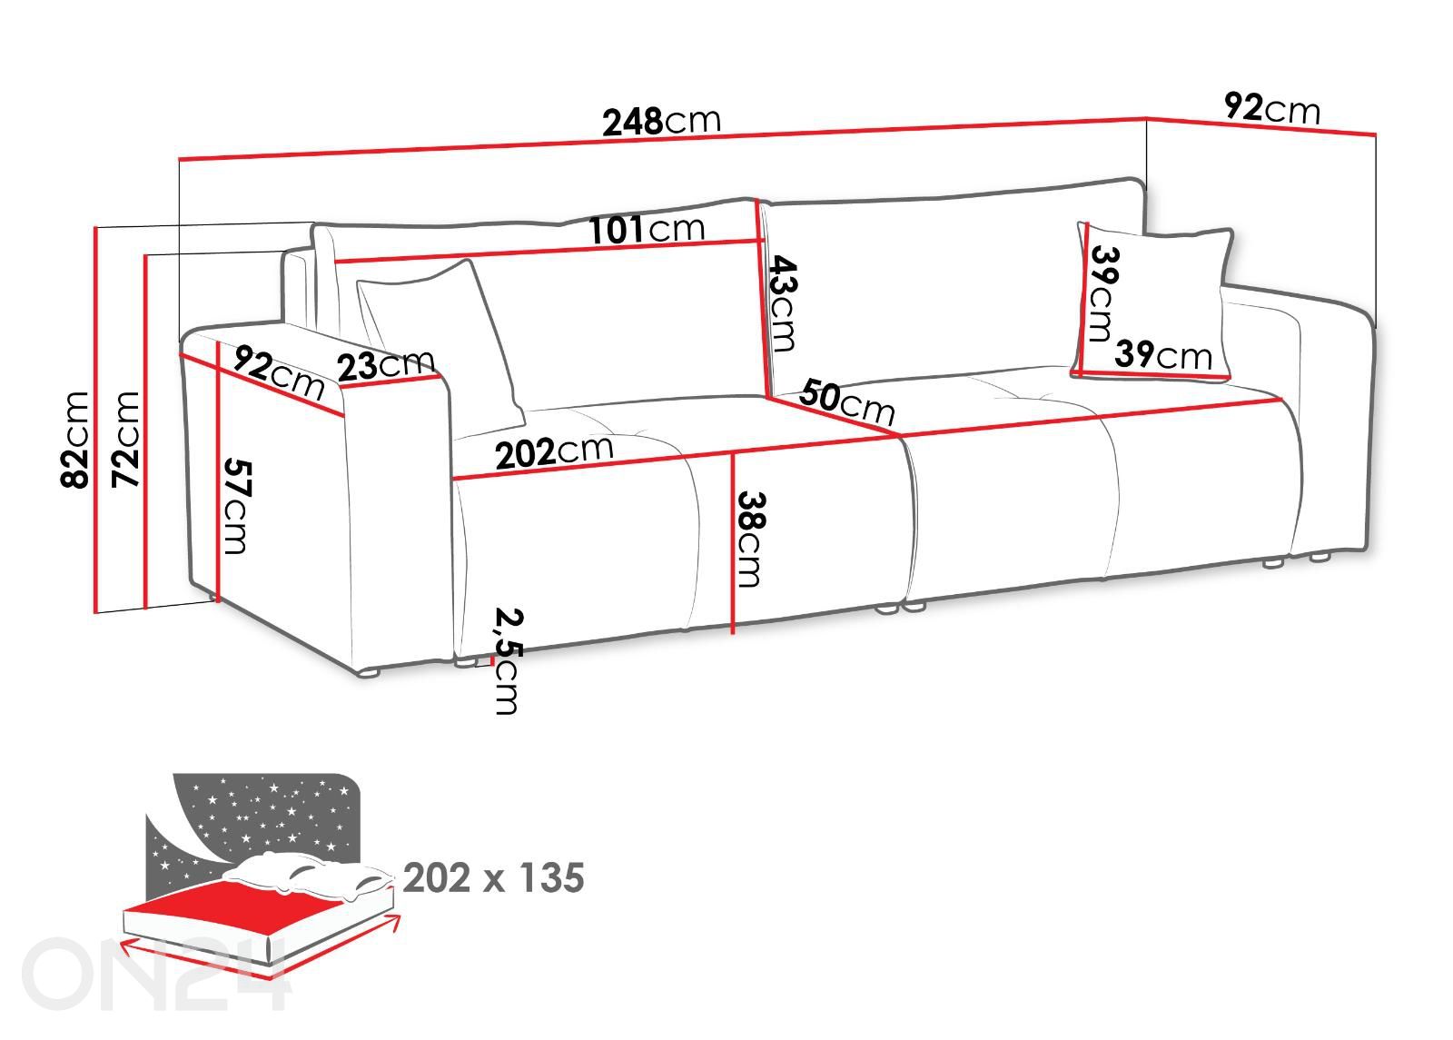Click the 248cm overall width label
[x=661, y=121]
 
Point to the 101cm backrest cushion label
[x=646, y=230]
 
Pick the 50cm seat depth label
[x=846, y=403]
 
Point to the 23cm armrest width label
[x=385, y=366]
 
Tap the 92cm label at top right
[x=1271, y=108]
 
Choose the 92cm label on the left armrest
[x=278, y=371]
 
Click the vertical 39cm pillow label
[x=1102, y=293]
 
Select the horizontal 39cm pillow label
[x=1163, y=354]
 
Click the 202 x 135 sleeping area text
[x=493, y=878]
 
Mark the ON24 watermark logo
[x=154, y=974]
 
